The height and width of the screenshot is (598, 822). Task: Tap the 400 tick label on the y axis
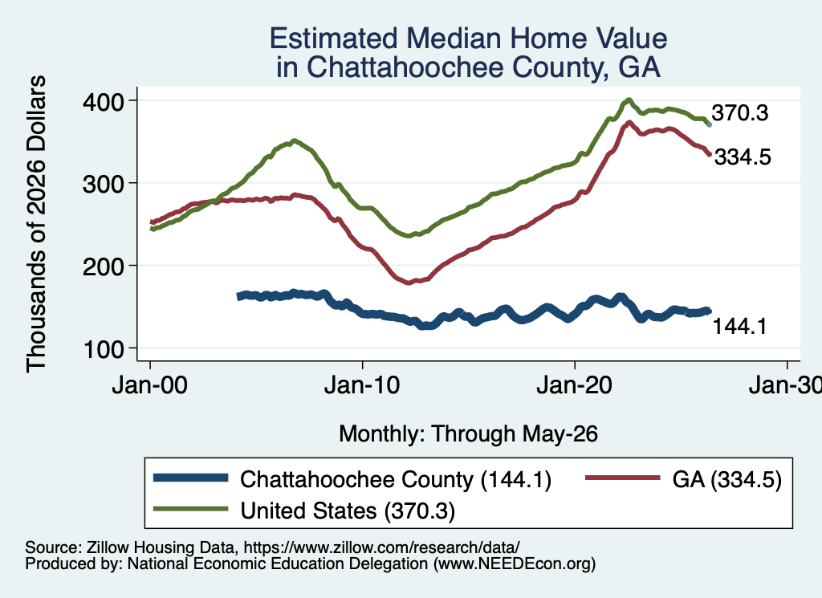coord(104,101)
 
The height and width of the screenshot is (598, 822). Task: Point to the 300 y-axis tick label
coord(104,184)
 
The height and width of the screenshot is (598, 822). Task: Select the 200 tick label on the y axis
coord(104,266)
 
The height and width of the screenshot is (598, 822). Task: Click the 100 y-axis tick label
coord(104,349)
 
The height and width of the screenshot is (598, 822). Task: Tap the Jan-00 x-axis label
coord(150,385)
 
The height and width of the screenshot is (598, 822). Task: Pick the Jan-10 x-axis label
coord(362,385)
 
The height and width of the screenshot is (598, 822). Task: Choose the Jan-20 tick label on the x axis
coord(575,385)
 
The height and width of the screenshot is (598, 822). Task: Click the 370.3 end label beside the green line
coord(739,112)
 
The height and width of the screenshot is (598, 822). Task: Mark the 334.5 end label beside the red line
coord(743,157)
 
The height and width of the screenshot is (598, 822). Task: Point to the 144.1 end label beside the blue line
coord(739,327)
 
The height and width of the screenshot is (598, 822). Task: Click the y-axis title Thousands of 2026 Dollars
coord(36,224)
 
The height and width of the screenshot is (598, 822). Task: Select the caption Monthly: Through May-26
coord(468,434)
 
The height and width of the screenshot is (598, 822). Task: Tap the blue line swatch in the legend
coord(191,478)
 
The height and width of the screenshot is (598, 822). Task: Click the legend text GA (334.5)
coord(726,479)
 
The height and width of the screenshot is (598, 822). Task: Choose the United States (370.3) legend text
coord(348,511)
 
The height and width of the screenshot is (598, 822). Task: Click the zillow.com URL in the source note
coord(381,547)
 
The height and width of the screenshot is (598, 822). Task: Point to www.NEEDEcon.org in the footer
coord(515,563)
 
